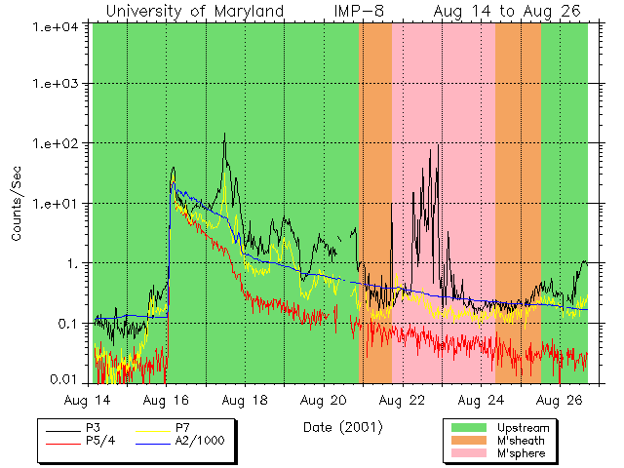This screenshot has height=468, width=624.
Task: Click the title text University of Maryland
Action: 194,12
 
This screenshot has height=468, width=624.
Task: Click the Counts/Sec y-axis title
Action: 17,204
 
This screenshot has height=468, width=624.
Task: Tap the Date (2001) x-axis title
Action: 342,427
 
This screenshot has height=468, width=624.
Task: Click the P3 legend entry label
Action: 94,429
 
